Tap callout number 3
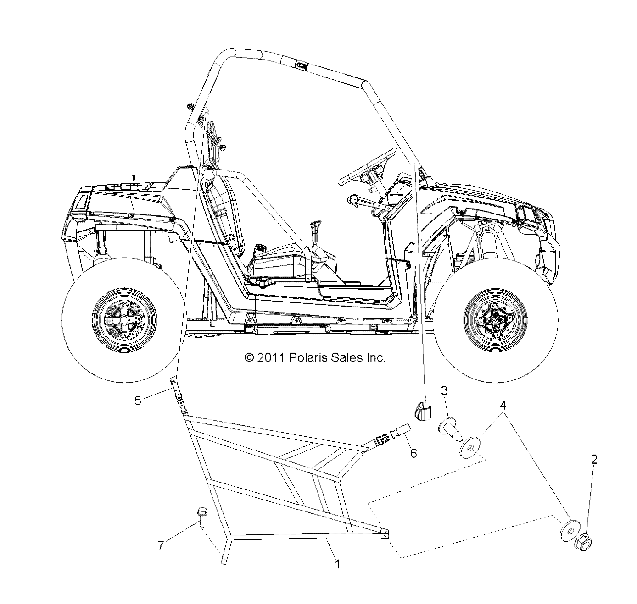pyautogui.click(x=444, y=390)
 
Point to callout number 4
pyautogui.click(x=503, y=405)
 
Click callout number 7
pyautogui.click(x=161, y=546)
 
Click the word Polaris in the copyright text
pyautogui.click(x=306, y=357)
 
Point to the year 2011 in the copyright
pyautogui.click(x=271, y=357)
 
